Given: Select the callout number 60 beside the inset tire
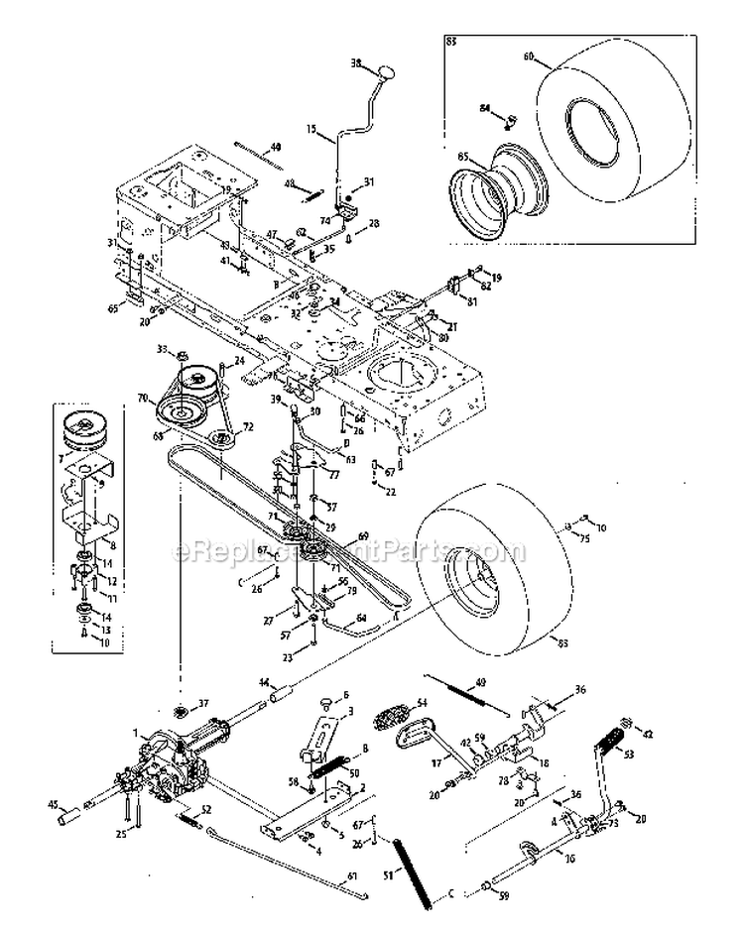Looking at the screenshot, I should tap(541, 57).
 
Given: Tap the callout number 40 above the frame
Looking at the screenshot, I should tap(275, 147).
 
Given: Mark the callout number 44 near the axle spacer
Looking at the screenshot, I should tap(264, 681).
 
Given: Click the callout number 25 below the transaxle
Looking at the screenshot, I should tap(122, 834).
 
